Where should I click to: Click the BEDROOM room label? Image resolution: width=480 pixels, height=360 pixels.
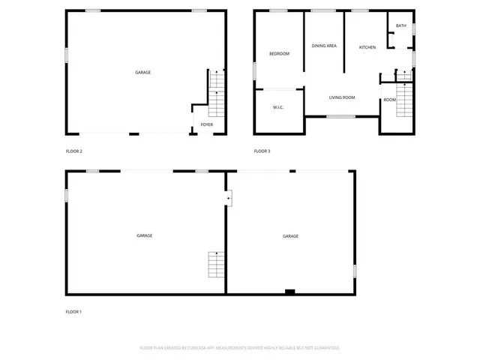280,53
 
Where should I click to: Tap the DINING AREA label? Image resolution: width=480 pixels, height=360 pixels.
324,46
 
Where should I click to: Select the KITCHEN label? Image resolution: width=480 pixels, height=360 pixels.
367,47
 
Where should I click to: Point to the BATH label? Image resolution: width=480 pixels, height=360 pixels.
401,26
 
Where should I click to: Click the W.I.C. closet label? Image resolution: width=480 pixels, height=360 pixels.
278,108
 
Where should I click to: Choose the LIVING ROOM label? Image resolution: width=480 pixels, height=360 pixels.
342,97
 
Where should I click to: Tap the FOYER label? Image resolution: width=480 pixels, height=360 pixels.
206,124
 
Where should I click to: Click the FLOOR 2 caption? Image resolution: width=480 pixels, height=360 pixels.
74,151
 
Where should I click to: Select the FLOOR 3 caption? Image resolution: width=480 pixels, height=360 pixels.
262,151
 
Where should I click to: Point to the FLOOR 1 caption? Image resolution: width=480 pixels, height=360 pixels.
73,311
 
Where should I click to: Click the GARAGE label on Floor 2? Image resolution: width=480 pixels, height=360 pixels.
142,73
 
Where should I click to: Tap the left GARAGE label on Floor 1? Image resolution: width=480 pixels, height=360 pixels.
145,235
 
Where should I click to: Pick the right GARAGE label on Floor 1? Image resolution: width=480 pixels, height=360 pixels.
290,236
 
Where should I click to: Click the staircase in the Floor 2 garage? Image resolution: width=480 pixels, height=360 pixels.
216,91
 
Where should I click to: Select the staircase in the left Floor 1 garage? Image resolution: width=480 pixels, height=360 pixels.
216,265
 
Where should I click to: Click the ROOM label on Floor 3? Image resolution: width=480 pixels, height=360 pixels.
390,100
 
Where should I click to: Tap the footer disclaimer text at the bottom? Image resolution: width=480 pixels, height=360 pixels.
240,348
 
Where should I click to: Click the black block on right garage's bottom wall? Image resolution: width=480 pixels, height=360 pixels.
289,291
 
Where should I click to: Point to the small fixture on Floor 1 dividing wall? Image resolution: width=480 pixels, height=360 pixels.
229,197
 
